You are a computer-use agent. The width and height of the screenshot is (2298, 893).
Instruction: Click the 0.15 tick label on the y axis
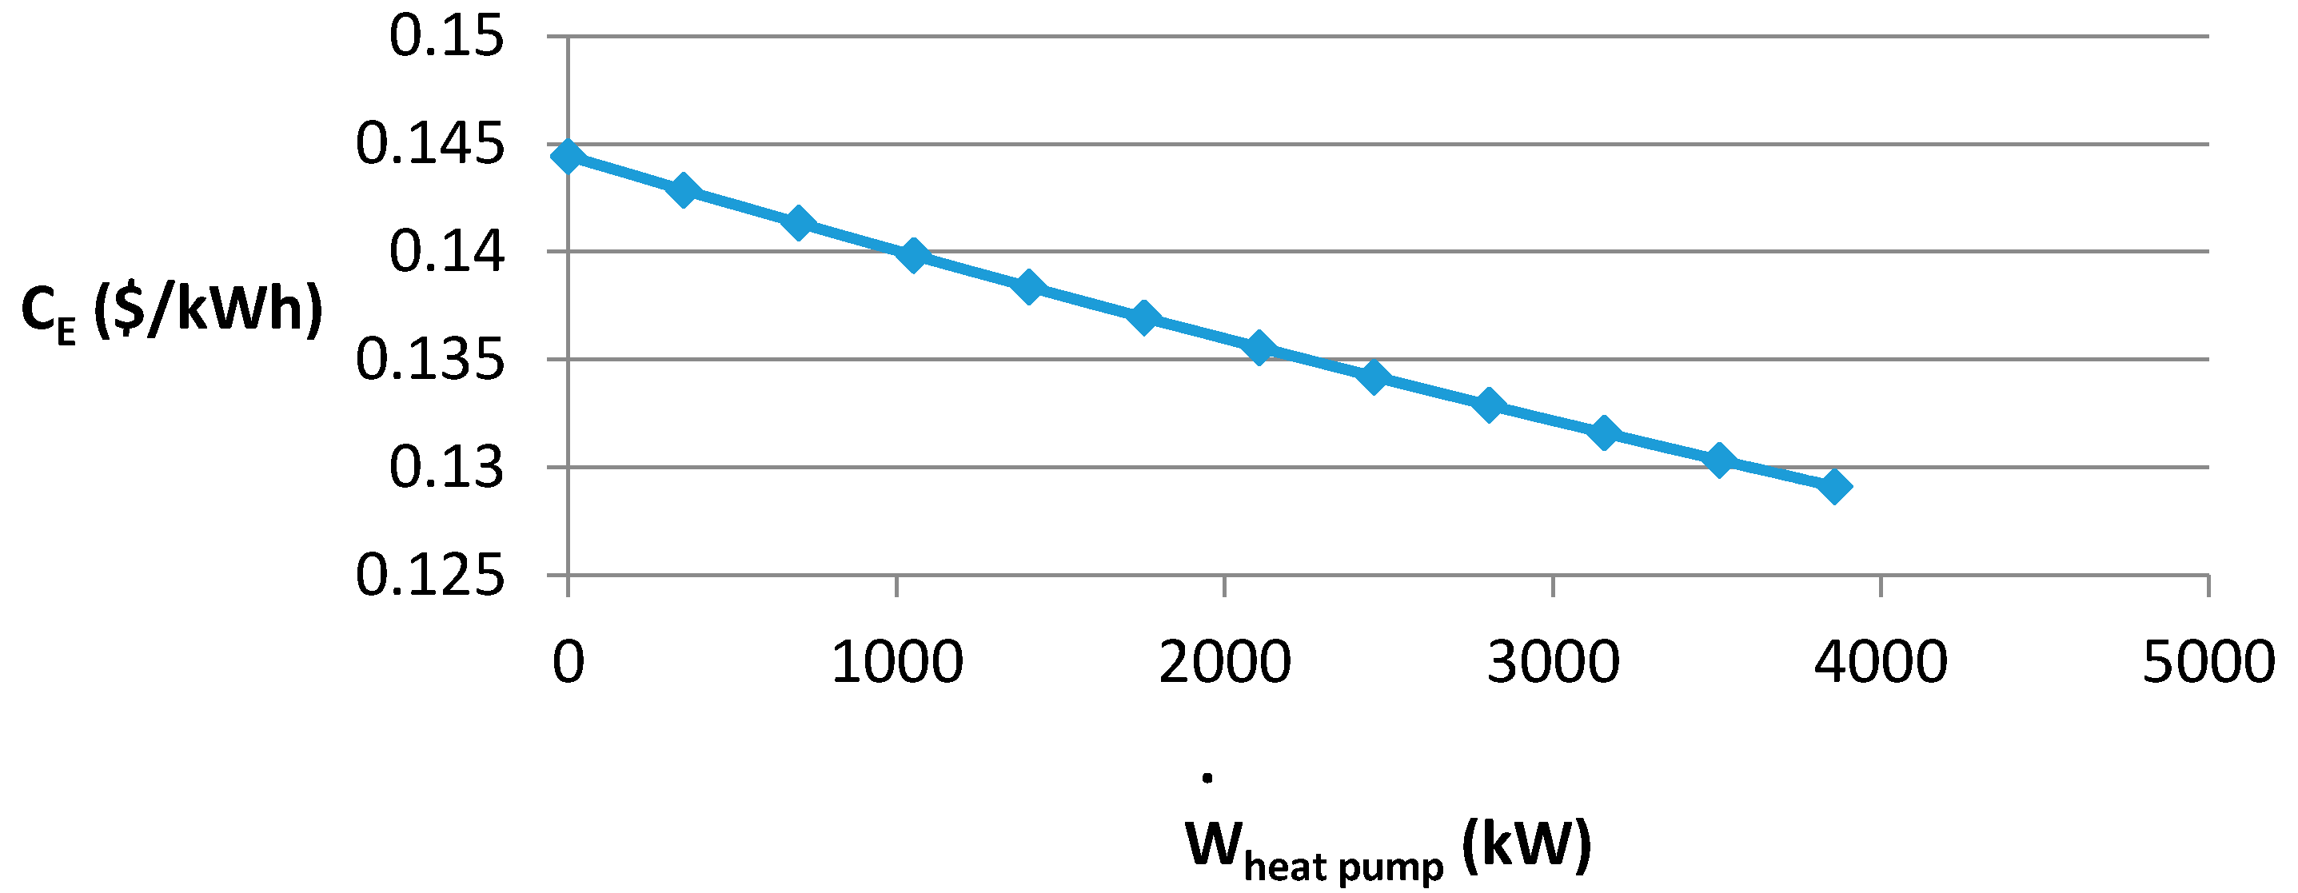point(446,38)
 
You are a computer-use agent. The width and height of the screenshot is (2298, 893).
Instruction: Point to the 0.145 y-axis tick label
point(430,146)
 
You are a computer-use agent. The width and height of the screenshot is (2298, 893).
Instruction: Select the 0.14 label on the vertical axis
point(446,253)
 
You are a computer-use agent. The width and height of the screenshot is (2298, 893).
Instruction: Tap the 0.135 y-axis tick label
point(430,361)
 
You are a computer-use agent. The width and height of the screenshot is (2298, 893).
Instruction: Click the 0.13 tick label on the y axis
point(446,468)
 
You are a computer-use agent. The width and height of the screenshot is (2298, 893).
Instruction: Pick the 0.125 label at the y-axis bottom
point(430,576)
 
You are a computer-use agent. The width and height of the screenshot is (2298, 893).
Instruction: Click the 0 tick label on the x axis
point(569,662)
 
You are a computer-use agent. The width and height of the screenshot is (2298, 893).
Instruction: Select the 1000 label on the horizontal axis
point(896,662)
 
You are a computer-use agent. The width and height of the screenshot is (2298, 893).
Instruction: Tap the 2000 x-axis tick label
point(1225,662)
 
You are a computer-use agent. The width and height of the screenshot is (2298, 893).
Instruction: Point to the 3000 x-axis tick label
point(1553,662)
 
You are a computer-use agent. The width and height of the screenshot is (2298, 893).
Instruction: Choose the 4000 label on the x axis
point(1881,662)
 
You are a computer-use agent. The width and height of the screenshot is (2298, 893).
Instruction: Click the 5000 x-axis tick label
point(2208,662)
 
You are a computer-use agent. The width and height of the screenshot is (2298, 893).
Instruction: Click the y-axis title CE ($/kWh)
point(171,310)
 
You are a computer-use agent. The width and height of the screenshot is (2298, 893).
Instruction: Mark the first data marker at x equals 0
point(569,157)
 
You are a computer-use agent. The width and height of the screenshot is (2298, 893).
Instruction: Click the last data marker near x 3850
point(1834,487)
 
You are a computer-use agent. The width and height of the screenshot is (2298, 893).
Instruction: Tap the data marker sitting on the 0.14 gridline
point(912,255)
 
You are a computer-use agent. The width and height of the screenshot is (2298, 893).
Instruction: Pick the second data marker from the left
point(684,190)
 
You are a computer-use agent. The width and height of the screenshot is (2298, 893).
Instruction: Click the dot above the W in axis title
point(1207,778)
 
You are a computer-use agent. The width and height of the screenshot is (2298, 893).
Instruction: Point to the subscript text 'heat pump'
point(1342,865)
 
